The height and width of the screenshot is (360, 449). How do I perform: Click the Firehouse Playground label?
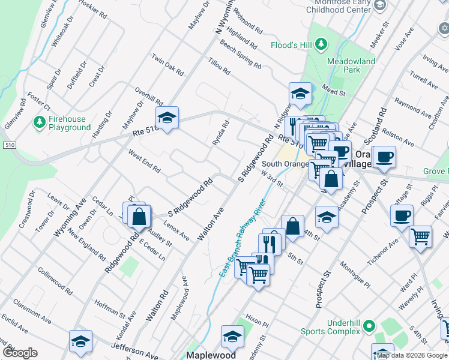(70, 123)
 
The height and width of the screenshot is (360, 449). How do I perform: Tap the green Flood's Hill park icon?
(321, 44)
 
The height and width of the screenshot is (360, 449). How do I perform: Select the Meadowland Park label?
(351, 65)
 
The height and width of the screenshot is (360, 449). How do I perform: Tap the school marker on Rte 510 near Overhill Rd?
(167, 118)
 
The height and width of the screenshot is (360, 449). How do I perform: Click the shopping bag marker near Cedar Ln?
(139, 216)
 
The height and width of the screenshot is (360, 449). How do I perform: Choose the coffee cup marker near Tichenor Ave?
(402, 215)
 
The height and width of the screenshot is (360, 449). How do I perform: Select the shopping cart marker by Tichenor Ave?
(421, 236)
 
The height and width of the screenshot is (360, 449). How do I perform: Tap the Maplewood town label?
(211, 355)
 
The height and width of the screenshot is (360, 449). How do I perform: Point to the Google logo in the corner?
(20, 353)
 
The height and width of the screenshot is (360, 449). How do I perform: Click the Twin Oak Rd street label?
(167, 65)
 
